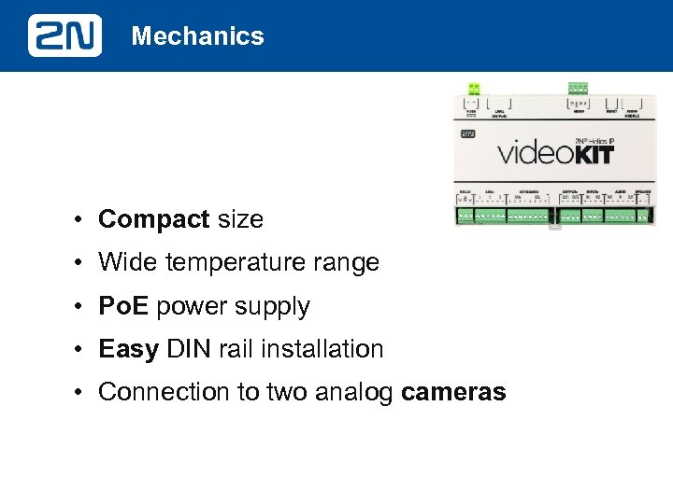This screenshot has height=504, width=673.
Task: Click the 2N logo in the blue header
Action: click(64, 36)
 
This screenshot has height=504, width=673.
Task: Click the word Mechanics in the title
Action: click(198, 36)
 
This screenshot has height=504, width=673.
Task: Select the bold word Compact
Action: click(154, 219)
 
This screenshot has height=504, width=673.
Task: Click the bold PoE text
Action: click(124, 306)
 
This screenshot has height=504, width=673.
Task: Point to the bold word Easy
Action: click(129, 349)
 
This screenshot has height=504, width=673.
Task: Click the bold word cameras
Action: click(453, 392)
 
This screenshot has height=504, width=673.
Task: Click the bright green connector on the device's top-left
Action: click(474, 89)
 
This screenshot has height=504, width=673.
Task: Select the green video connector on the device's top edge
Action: click(578, 89)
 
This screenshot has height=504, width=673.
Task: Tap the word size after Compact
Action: click(240, 219)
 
